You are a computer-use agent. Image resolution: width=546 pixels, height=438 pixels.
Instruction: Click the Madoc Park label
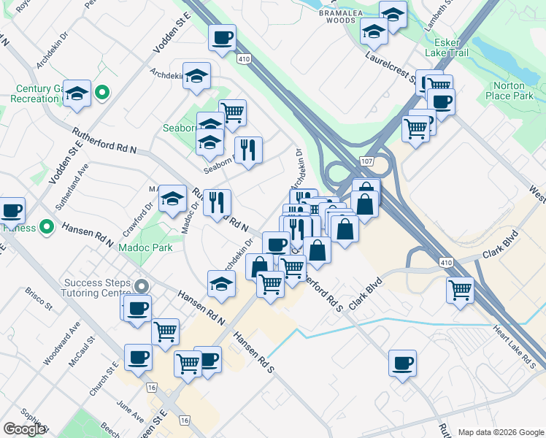(x=145, y=247)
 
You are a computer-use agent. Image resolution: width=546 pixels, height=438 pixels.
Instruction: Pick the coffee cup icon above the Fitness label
(x=12, y=210)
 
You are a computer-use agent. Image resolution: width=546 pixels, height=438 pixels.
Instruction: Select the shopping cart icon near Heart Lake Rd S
(x=460, y=289)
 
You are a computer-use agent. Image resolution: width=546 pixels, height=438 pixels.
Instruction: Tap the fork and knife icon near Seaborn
(x=248, y=150)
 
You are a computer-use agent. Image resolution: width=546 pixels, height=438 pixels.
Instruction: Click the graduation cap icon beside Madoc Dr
(x=172, y=198)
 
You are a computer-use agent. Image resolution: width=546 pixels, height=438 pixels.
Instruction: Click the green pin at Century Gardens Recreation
(x=102, y=93)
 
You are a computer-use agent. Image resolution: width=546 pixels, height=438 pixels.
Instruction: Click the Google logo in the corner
(x=24, y=429)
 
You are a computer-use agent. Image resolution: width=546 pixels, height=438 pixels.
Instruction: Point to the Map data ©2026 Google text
(x=499, y=432)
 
